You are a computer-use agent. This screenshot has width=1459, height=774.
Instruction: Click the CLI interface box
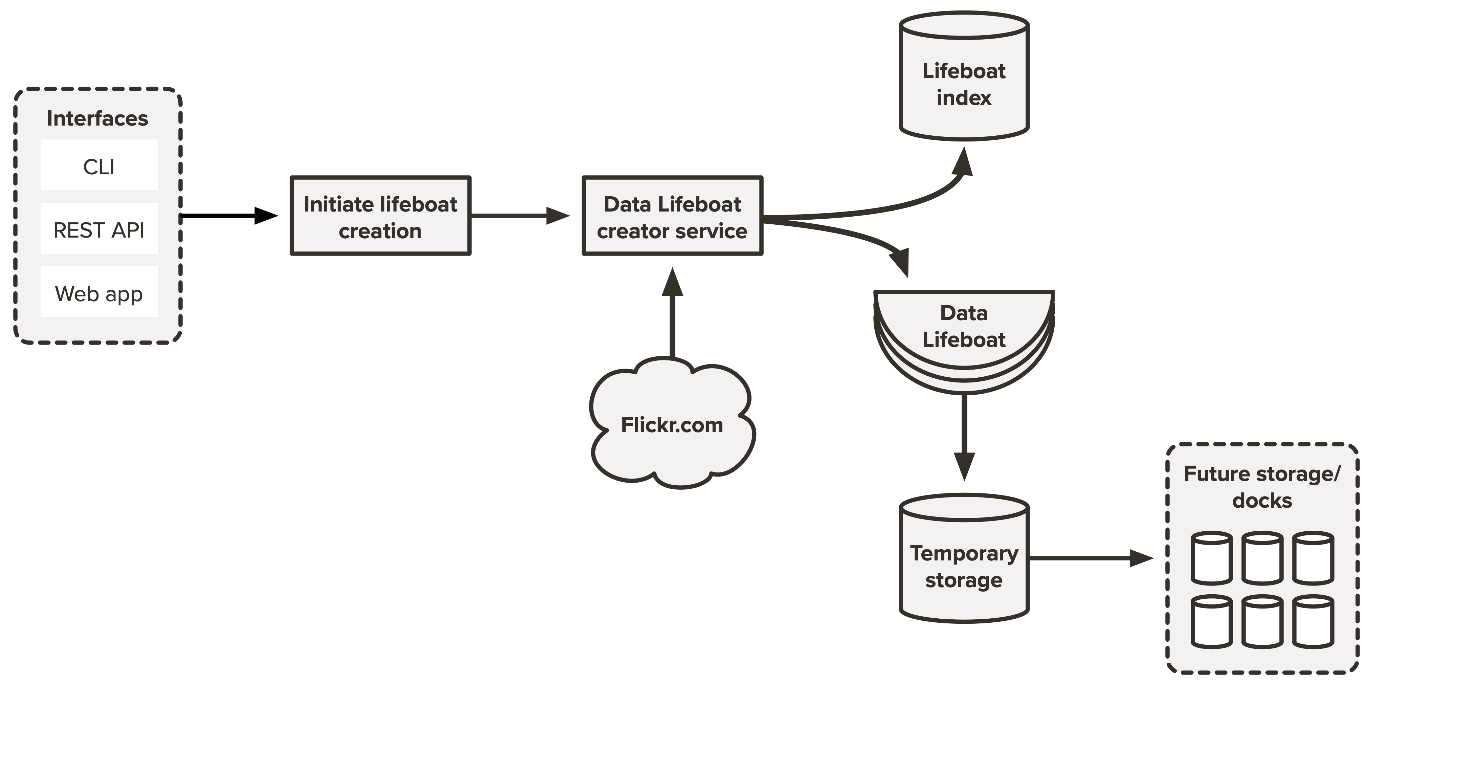(99, 165)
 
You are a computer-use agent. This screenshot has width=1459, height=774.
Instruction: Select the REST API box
(99, 229)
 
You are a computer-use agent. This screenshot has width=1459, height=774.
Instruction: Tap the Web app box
(99, 292)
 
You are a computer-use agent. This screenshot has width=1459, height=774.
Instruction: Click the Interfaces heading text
(97, 118)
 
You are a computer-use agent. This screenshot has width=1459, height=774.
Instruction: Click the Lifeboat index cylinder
(964, 79)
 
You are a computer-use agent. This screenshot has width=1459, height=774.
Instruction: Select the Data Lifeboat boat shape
(964, 334)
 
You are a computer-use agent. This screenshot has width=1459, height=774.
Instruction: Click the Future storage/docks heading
(1262, 486)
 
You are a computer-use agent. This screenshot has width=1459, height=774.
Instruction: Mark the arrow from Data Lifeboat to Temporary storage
(964, 436)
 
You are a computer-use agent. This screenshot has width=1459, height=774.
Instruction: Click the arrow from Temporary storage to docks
(1090, 558)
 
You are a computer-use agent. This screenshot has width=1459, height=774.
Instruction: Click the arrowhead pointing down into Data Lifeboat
(901, 262)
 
